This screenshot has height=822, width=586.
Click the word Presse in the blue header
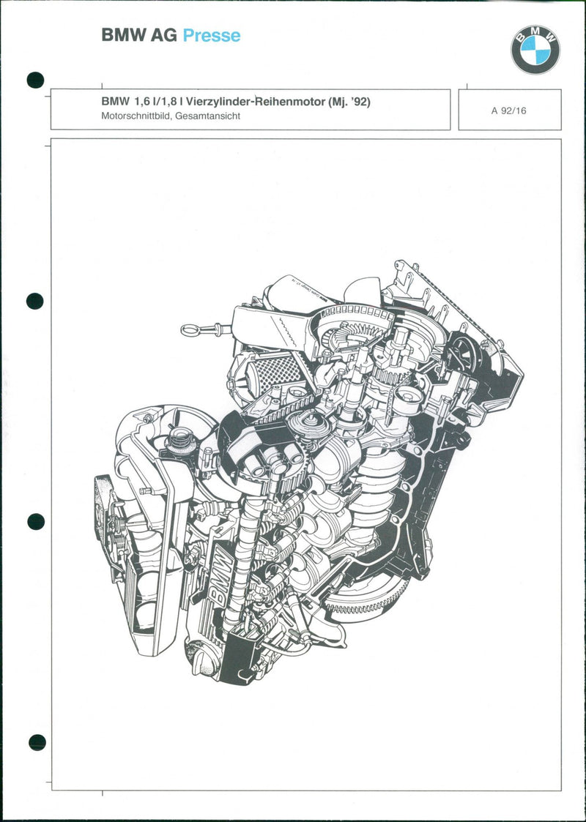(x=211, y=36)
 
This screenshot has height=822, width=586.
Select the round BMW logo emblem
(x=535, y=50)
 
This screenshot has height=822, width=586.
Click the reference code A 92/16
(x=509, y=111)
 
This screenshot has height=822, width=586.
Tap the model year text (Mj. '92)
(x=348, y=102)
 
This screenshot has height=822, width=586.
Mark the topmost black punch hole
(x=35, y=80)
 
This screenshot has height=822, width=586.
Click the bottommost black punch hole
(x=37, y=742)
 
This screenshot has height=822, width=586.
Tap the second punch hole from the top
(x=35, y=301)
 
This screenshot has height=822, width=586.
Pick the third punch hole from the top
(x=36, y=521)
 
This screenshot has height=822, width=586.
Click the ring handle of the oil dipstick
(x=190, y=330)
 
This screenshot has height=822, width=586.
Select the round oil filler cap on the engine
(x=179, y=441)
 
